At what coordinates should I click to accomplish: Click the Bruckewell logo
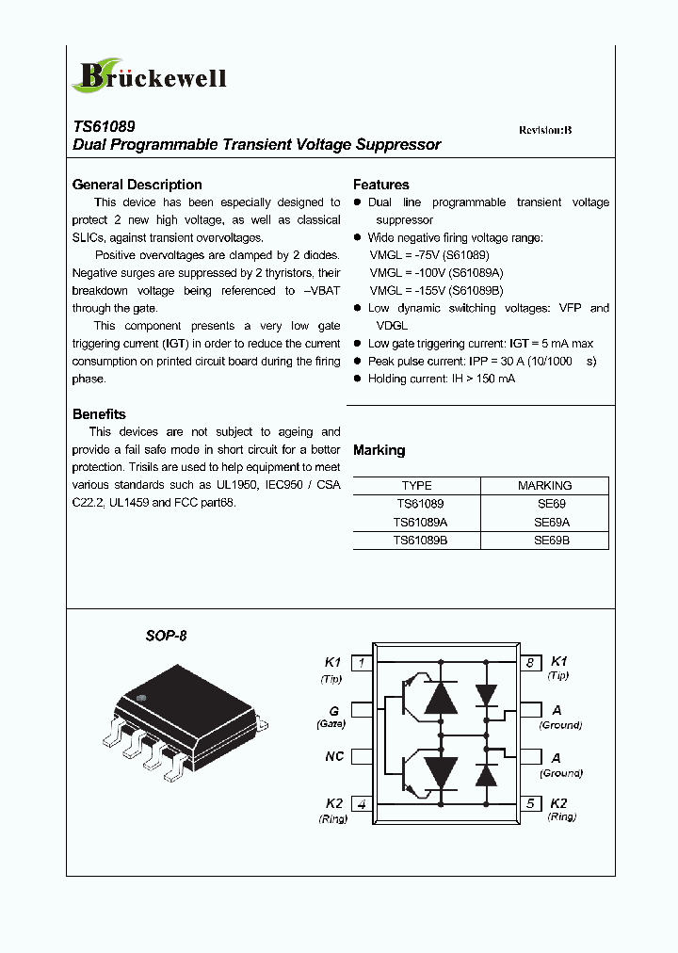tap(150, 75)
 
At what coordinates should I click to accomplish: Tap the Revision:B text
tap(545, 130)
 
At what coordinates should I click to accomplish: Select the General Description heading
tap(137, 185)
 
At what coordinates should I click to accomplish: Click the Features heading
tap(381, 185)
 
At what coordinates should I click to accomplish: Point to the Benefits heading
tap(99, 414)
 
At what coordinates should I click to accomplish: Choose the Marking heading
tap(379, 450)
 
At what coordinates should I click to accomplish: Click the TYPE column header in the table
tap(416, 486)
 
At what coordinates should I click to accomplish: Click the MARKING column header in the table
tap(544, 486)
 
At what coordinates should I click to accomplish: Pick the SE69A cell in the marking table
tap(552, 522)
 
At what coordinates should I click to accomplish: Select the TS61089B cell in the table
tap(420, 541)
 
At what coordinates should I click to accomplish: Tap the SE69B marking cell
tap(552, 541)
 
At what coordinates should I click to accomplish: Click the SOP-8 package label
tap(166, 636)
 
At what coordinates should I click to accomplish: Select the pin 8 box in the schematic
tap(530, 663)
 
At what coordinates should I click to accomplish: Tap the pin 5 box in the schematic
tap(530, 803)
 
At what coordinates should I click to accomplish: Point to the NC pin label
tap(334, 756)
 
